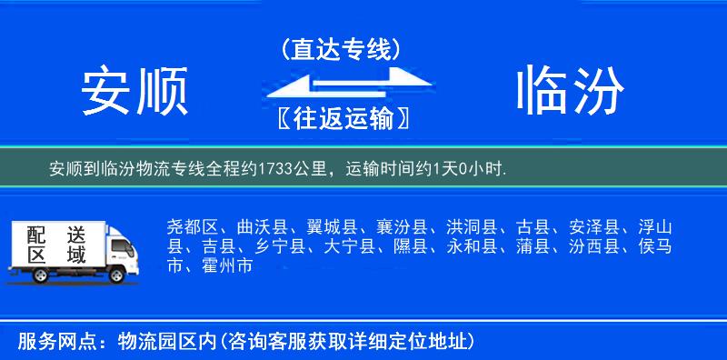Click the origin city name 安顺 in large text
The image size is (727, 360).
134,92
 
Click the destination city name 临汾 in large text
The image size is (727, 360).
571,92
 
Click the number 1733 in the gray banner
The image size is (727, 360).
277,169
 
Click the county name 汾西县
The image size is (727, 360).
594,246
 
